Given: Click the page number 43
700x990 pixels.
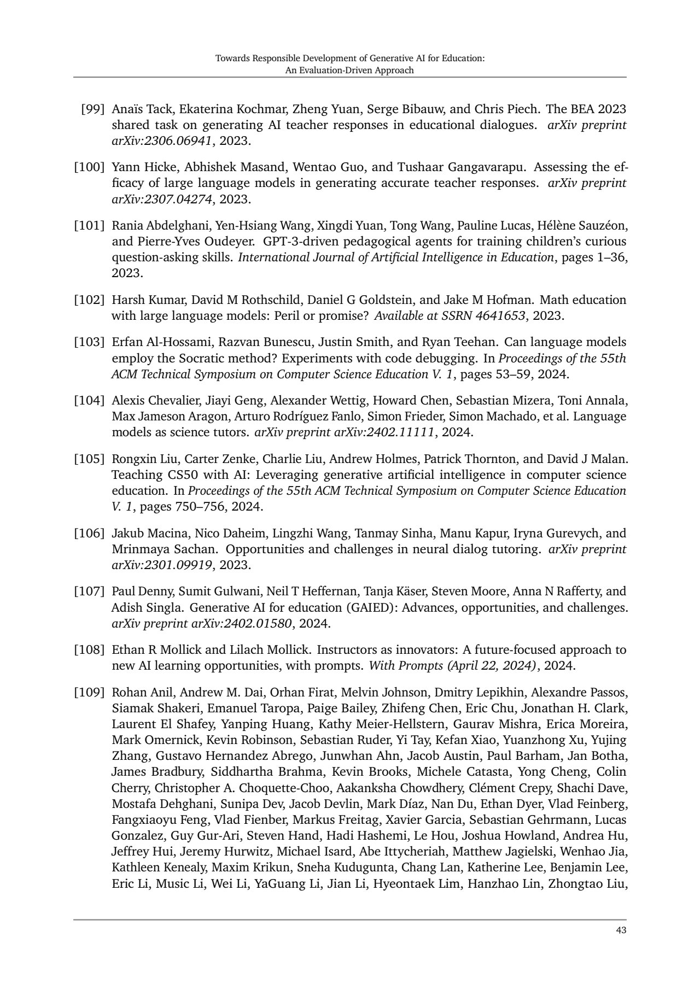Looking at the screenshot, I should point(621,930).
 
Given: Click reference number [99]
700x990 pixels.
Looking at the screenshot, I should point(92,109).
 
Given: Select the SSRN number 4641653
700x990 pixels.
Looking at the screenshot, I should point(501,315).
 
